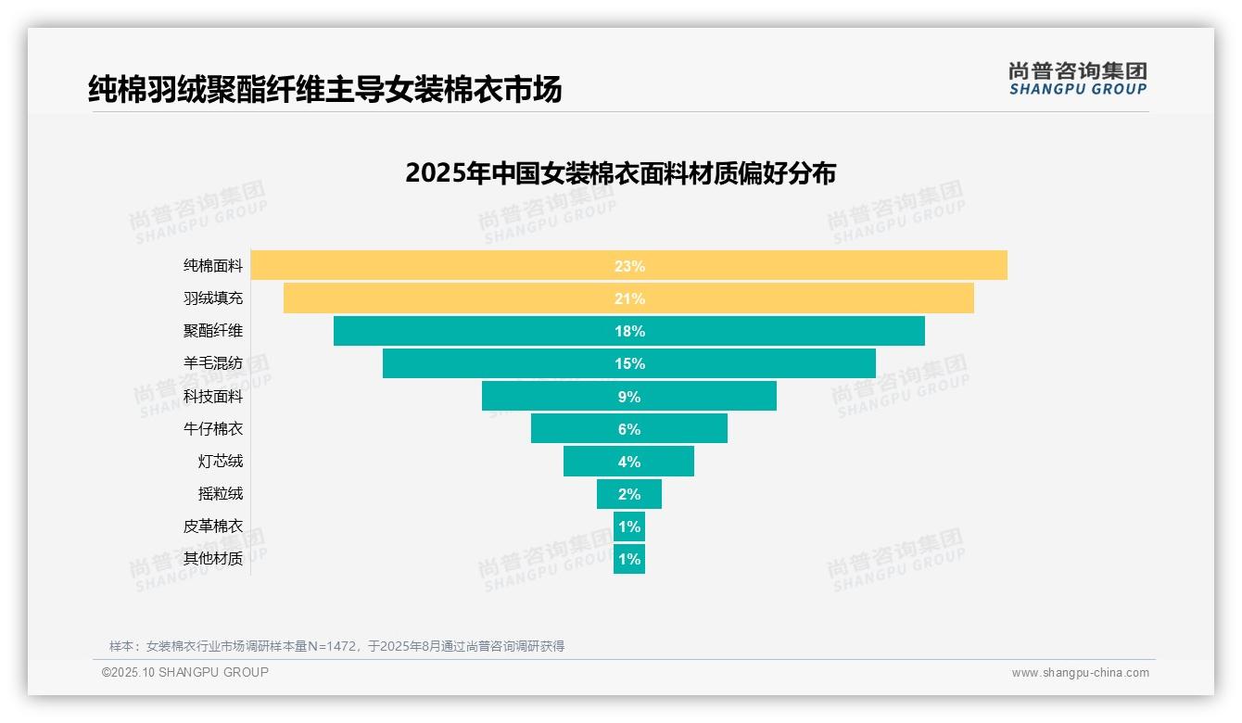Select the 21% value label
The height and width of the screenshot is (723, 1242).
pyautogui.click(x=629, y=298)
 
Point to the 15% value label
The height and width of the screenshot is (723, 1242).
pyautogui.click(x=629, y=363)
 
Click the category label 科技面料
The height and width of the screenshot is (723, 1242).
pyautogui.click(x=213, y=396)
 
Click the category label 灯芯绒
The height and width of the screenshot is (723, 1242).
pyautogui.click(x=221, y=461)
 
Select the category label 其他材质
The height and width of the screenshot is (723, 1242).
pyautogui.click(x=213, y=558)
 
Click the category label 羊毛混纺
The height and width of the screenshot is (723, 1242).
pyautogui.click(x=213, y=363)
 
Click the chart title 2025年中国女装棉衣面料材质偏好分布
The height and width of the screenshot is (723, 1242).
pyautogui.click(x=620, y=173)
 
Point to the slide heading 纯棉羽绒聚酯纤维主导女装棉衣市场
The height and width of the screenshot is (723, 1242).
pyautogui.click(x=324, y=89)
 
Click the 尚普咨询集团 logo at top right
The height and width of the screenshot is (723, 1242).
pyautogui.click(x=1077, y=79)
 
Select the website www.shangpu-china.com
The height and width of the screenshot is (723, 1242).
pyautogui.click(x=1080, y=673)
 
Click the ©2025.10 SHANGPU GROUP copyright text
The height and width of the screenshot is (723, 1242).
pyautogui.click(x=185, y=672)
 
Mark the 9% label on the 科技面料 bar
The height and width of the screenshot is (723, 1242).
pyautogui.click(x=629, y=397)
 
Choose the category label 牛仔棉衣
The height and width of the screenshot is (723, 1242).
pyautogui.click(x=213, y=428)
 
